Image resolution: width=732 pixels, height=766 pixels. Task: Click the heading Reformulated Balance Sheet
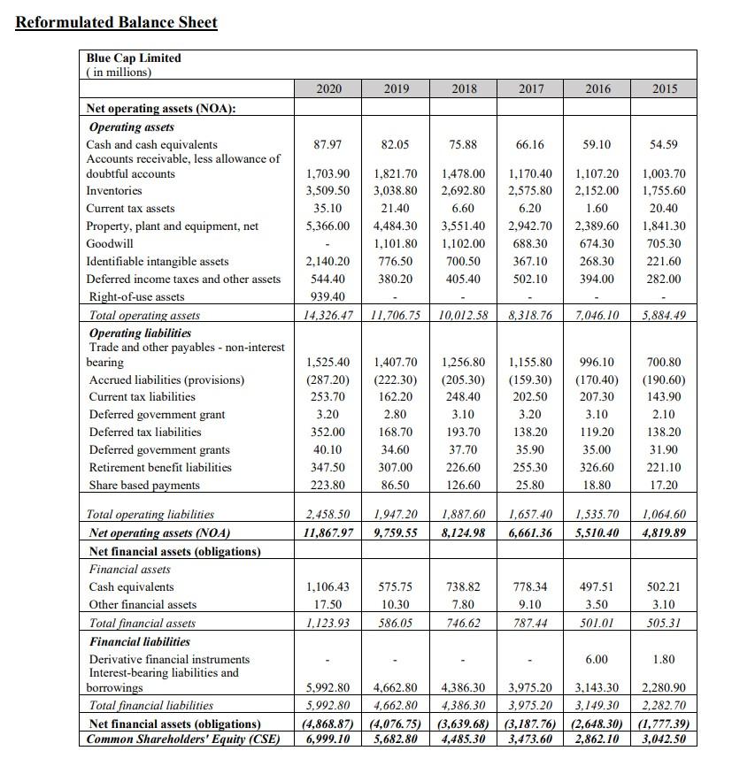(117, 22)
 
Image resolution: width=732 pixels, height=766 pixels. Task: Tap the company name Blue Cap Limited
(134, 57)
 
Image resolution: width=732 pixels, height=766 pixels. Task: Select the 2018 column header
(464, 88)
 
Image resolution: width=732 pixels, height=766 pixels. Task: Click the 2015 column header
(664, 88)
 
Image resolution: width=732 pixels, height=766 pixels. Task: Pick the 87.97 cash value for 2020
(327, 144)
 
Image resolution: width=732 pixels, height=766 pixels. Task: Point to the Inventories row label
(113, 191)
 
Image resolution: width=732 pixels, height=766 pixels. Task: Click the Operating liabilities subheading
(140, 333)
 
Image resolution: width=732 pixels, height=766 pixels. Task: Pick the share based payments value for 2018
(464, 486)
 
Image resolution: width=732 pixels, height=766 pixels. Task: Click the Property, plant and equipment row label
(172, 226)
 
